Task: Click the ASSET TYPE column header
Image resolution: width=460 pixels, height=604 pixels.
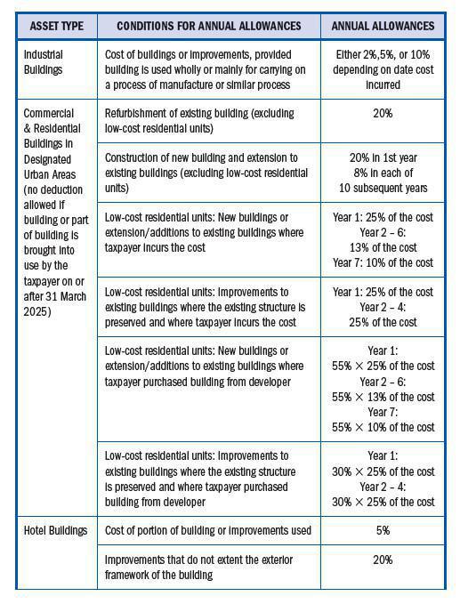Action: point(56,26)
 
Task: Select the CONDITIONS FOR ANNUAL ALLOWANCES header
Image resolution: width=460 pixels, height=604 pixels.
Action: point(208,26)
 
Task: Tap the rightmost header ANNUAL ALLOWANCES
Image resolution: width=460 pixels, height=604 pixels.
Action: point(383,26)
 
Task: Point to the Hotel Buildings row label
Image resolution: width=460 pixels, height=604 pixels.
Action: point(55,531)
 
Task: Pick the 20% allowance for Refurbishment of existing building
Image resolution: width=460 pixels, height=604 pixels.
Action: point(383,114)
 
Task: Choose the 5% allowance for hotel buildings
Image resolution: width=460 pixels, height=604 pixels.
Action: point(383,531)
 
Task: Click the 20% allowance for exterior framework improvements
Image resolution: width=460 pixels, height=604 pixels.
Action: point(383,560)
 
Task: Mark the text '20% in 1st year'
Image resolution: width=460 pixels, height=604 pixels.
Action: point(383,157)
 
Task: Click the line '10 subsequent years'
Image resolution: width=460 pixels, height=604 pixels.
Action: point(383,188)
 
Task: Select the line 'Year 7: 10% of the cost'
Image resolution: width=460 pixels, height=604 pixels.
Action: point(383,262)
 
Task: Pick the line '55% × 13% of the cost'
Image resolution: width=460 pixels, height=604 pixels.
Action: point(383,397)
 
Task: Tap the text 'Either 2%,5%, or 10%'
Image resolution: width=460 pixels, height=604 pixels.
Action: point(383,53)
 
